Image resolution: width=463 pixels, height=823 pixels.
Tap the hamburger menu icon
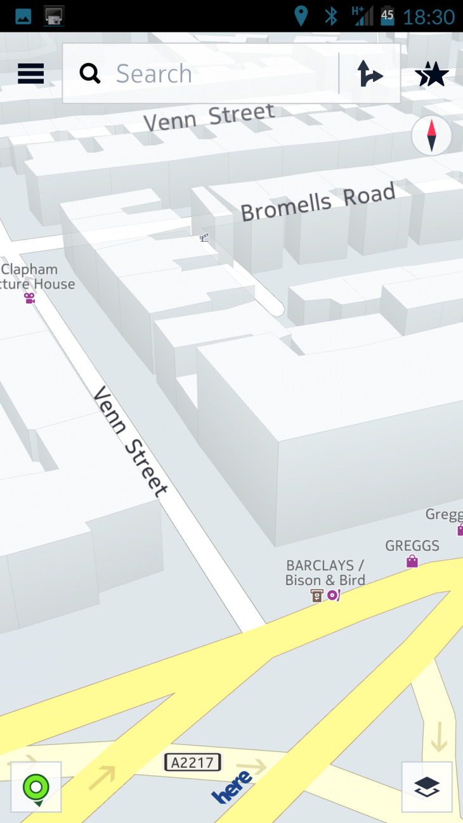pyautogui.click(x=30, y=74)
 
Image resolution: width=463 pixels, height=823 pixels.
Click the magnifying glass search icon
pyautogui.click(x=90, y=74)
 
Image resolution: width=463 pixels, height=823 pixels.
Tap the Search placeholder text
pyautogui.click(x=154, y=74)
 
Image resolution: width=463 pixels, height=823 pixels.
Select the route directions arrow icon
pyautogui.click(x=369, y=74)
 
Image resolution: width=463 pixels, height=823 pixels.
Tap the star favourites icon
pyautogui.click(x=432, y=74)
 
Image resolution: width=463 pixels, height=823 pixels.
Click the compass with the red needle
pyautogui.click(x=431, y=136)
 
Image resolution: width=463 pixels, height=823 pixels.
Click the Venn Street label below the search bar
pyautogui.click(x=209, y=117)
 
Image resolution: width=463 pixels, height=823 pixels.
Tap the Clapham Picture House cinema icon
pyautogui.click(x=29, y=298)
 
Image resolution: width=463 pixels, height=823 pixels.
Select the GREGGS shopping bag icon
pyautogui.click(x=412, y=561)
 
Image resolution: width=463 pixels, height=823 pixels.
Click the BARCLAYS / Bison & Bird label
pyautogui.click(x=325, y=572)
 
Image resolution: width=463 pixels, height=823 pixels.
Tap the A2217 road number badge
pyautogui.click(x=193, y=762)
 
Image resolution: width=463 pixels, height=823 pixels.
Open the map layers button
pyautogui.click(x=427, y=787)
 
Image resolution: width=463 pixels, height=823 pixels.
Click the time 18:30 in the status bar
pyautogui.click(x=429, y=16)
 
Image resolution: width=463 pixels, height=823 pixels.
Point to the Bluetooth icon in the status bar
pyautogui.click(x=331, y=16)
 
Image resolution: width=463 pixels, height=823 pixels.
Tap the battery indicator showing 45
pyautogui.click(x=387, y=16)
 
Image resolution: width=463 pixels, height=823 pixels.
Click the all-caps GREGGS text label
pyautogui.click(x=412, y=546)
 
